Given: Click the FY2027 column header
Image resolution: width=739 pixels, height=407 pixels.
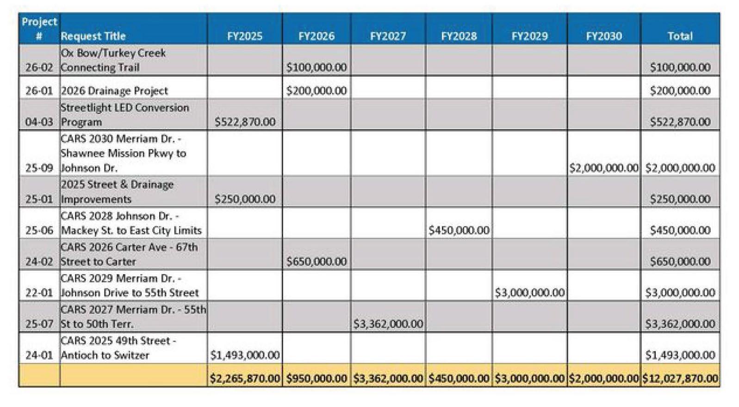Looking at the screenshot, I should [x=388, y=36].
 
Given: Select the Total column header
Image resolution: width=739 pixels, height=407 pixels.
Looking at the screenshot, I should [x=680, y=36].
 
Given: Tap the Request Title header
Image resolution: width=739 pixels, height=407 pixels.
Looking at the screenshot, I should [x=93, y=36].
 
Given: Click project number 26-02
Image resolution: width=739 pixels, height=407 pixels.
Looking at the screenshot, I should [x=39, y=67].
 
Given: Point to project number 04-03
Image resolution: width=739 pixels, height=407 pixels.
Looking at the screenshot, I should [x=39, y=122].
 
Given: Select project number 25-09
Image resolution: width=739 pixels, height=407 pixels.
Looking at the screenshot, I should [x=39, y=168].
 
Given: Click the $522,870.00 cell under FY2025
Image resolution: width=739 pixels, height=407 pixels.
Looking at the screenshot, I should [x=245, y=122].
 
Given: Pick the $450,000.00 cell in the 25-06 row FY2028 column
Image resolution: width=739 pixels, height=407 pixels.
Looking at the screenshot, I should [x=459, y=230].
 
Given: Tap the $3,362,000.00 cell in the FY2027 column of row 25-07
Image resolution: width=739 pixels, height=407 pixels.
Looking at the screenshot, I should [x=388, y=324].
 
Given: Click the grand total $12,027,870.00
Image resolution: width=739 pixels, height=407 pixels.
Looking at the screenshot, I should [x=680, y=378].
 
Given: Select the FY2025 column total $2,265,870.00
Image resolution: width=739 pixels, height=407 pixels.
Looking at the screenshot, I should [x=245, y=378].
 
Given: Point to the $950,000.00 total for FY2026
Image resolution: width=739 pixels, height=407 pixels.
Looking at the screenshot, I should [x=317, y=378].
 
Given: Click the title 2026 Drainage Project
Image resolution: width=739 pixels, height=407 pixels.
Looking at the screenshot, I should [x=114, y=91].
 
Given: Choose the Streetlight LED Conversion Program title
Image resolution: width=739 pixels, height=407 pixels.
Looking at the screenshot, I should [x=125, y=114].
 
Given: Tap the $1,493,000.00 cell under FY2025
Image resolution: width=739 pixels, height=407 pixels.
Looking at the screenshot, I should [x=245, y=355].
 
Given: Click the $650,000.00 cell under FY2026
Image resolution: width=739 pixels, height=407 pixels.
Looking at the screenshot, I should [x=317, y=261].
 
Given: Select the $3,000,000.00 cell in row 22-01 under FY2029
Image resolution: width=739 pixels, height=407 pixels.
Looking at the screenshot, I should [x=529, y=293].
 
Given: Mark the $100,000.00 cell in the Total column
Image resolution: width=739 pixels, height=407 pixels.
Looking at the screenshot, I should [x=680, y=67].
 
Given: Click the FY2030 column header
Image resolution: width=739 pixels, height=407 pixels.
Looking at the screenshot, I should [x=604, y=36].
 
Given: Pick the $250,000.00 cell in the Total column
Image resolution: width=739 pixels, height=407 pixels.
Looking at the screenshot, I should [x=680, y=199].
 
